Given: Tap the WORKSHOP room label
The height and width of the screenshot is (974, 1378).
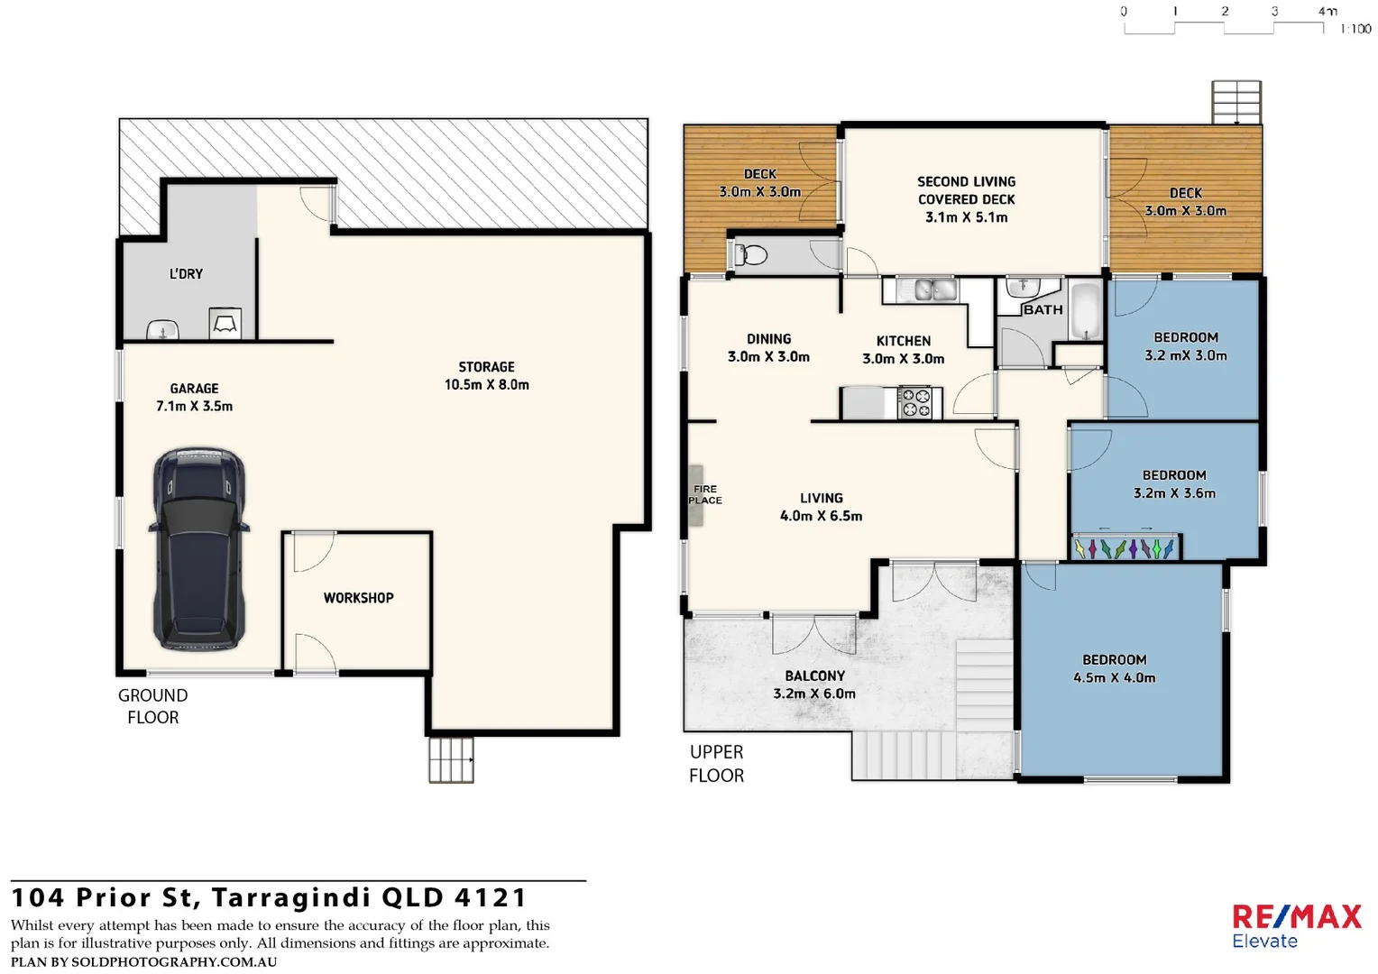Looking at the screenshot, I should click(358, 598).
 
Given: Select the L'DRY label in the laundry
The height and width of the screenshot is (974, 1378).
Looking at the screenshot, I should click(186, 273).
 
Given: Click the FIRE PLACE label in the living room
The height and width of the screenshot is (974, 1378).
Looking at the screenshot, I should click(705, 494).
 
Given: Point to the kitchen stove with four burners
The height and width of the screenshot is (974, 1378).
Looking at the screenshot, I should click(917, 402).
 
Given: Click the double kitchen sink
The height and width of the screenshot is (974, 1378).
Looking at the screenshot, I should click(934, 289).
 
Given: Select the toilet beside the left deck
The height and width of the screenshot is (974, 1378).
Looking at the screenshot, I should click(750, 255).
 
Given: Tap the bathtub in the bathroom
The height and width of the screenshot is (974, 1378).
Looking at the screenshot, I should click(1085, 312).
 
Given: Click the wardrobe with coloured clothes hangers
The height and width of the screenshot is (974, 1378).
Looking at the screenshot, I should click(1125, 547).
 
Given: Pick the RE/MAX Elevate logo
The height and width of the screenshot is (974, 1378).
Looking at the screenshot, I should click(1296, 926).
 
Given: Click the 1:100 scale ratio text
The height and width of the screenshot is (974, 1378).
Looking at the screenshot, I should click(1355, 29).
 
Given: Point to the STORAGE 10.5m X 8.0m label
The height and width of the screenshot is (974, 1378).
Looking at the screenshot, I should click(486, 375).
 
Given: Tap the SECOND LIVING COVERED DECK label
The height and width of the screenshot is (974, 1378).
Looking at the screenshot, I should click(966, 198).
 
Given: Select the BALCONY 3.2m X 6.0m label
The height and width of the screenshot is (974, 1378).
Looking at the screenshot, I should click(814, 685).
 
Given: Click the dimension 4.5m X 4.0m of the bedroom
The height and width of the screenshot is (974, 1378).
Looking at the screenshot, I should click(1114, 678).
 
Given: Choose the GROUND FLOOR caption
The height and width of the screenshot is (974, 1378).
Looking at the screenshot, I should click(152, 706).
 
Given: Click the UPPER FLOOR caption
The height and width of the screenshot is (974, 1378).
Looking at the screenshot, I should click(716, 763).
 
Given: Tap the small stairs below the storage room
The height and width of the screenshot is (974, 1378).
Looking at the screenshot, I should click(451, 759).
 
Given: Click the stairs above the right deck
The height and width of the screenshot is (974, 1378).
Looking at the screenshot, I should click(1236, 102).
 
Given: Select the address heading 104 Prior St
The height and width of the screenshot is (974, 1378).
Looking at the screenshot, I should click(269, 897).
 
